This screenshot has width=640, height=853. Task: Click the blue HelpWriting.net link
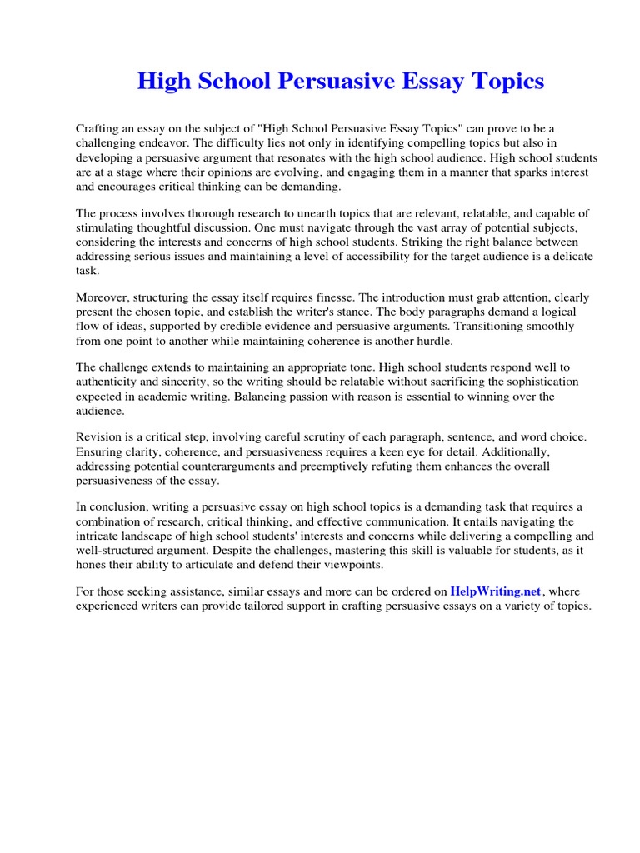pos(496,591)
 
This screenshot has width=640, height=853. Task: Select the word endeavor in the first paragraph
pos(155,142)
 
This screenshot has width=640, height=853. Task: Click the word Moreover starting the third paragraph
pos(104,297)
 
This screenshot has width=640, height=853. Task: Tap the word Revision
pos(101,436)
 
